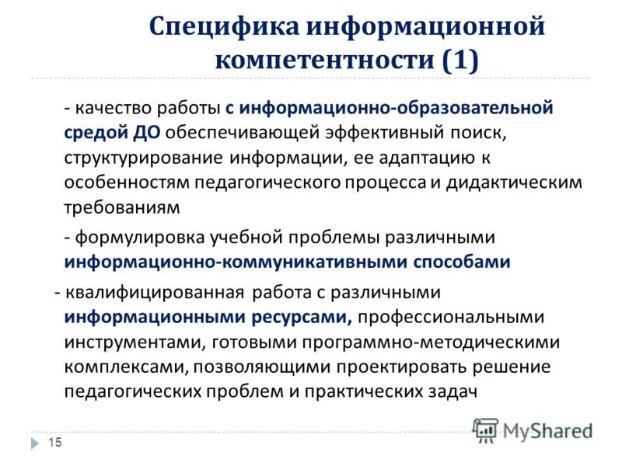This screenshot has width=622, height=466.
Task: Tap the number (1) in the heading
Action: pyautogui.click(x=460, y=59)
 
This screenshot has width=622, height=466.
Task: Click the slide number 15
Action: pyautogui.click(x=54, y=443)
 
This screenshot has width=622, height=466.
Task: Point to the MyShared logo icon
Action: pyautogui.click(x=486, y=429)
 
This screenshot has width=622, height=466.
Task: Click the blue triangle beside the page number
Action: pyautogui.click(x=37, y=443)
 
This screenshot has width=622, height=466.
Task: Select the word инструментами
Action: pyautogui.click(x=123, y=342)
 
